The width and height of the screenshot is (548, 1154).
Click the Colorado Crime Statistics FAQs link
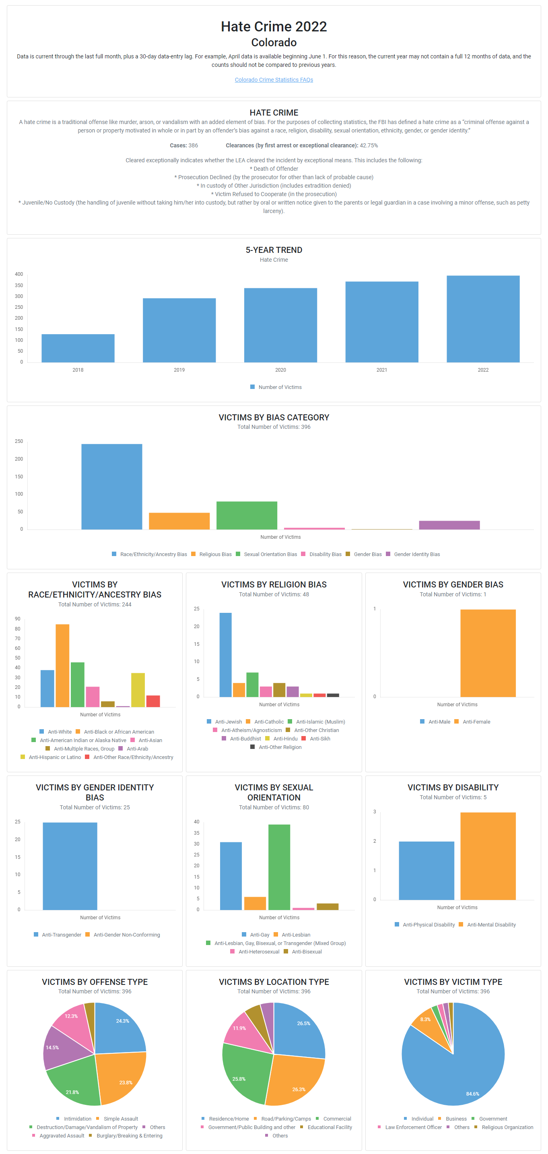274,80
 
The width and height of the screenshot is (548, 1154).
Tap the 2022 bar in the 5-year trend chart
483,319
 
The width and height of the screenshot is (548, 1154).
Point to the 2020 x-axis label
280,370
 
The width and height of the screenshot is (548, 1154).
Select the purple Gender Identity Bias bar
449,525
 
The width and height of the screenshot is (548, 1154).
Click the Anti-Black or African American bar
62,666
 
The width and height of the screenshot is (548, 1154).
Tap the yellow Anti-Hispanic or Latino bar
138,690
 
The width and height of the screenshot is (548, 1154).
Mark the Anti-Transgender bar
70,866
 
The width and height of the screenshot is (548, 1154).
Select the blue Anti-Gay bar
231,876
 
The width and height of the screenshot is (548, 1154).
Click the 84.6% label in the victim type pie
472,1094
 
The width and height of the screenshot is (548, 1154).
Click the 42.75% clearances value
369,146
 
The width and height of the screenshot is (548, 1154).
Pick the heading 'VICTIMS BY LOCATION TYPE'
274,982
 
